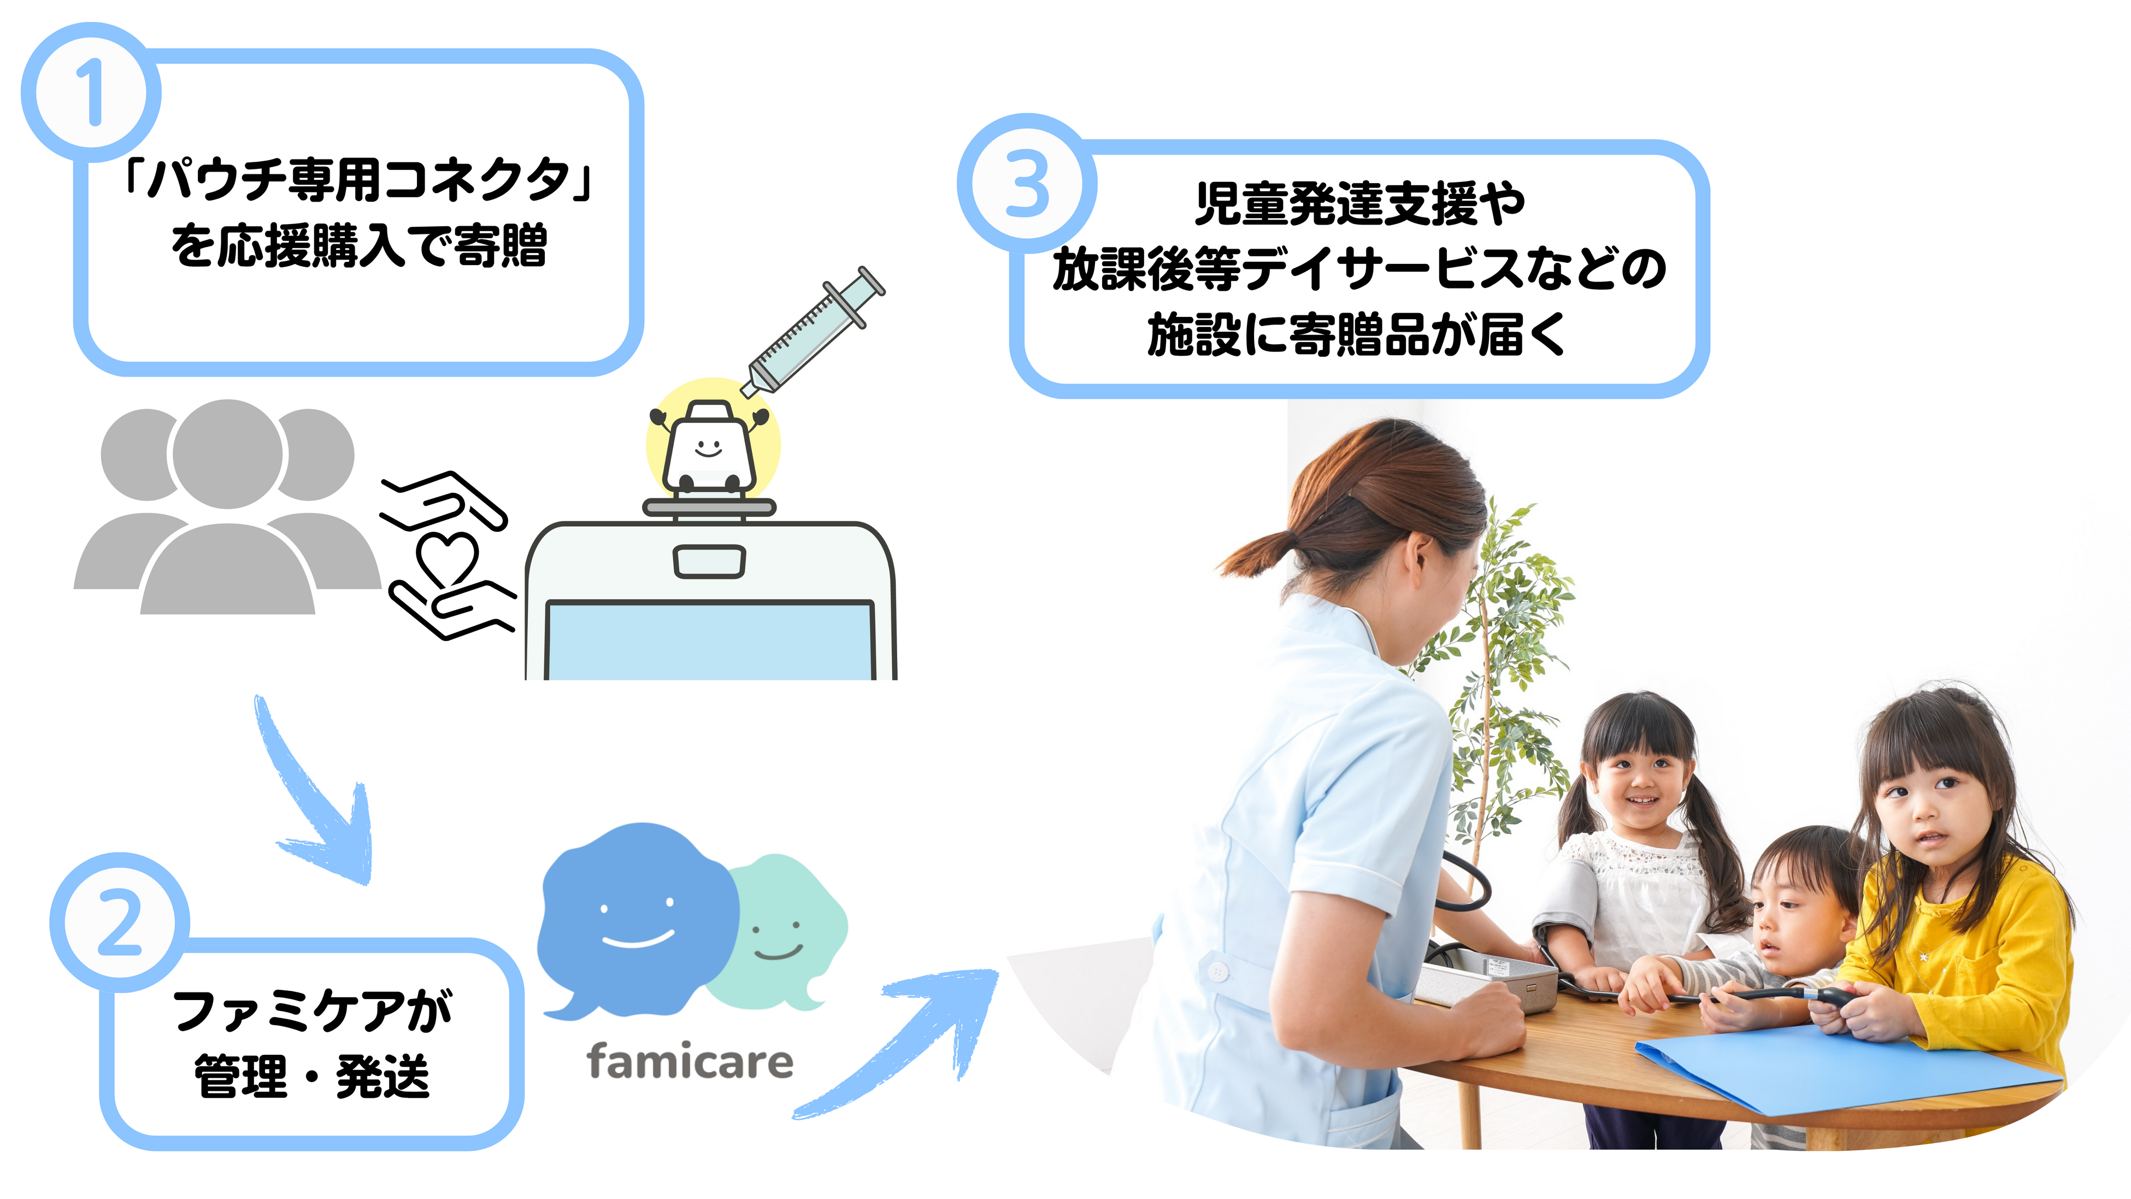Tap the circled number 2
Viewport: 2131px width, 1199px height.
click(x=120, y=922)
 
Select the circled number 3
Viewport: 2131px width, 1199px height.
click(x=1027, y=184)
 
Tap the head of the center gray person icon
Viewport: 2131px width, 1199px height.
click(x=227, y=454)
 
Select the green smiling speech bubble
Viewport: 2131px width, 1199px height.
click(x=782, y=931)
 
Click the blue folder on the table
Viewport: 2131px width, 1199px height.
click(x=1845, y=1067)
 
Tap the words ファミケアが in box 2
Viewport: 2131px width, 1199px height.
click(x=313, y=1011)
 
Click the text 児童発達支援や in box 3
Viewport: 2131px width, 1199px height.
click(x=1359, y=203)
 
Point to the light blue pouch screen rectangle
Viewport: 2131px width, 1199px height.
click(x=709, y=641)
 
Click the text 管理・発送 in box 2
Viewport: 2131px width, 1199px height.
click(x=313, y=1077)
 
